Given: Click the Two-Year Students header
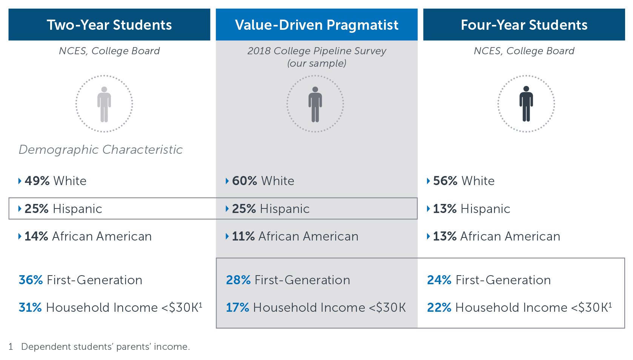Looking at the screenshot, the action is point(109,25).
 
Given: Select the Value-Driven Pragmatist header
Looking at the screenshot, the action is point(316,25).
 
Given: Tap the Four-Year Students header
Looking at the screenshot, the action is point(524,25).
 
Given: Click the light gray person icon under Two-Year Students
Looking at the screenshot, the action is point(104,104).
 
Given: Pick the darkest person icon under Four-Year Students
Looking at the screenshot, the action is point(526,104).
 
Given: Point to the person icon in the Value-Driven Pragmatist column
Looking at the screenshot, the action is point(315,104).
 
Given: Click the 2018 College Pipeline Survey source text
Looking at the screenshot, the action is point(316,57).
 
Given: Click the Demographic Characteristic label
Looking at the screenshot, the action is point(101,150).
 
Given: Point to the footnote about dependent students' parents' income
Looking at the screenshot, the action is point(99,346).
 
